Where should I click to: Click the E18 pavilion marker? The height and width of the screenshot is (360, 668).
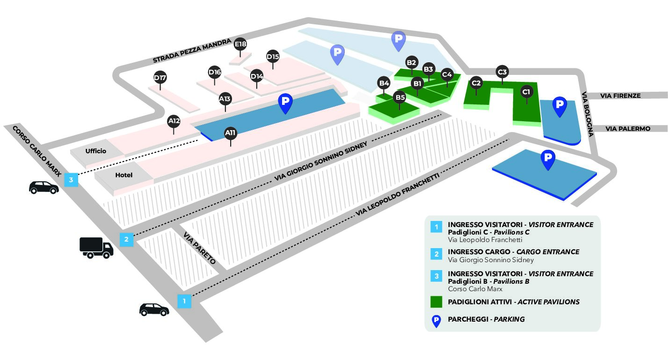(240, 44)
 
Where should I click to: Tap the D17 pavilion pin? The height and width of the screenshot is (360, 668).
(160, 78)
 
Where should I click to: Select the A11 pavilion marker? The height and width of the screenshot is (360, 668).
(231, 133)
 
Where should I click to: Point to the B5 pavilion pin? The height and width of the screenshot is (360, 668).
(399, 98)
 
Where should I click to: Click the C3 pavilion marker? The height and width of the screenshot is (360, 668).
(502, 72)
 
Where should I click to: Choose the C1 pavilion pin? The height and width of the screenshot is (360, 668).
(526, 92)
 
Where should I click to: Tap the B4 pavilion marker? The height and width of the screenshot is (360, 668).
(384, 83)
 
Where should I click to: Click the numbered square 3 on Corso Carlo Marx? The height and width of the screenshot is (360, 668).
(71, 180)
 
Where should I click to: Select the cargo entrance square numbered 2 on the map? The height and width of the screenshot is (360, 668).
(126, 239)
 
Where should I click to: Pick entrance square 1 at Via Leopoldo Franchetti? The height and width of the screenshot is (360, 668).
(184, 301)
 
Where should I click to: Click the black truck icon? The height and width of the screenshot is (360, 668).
(96, 248)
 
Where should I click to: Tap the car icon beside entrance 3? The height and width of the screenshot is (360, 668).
(44, 187)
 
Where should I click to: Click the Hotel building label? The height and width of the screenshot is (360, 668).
(124, 175)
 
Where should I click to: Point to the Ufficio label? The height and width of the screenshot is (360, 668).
(96, 151)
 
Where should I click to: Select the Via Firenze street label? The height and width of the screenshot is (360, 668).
(620, 96)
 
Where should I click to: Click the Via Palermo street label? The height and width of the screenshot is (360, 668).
(628, 129)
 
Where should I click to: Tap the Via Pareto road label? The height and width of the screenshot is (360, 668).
(199, 248)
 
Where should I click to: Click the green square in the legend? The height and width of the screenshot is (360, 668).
(436, 302)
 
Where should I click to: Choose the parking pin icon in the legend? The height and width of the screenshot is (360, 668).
(436, 321)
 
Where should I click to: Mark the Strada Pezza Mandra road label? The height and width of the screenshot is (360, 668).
(192, 51)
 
